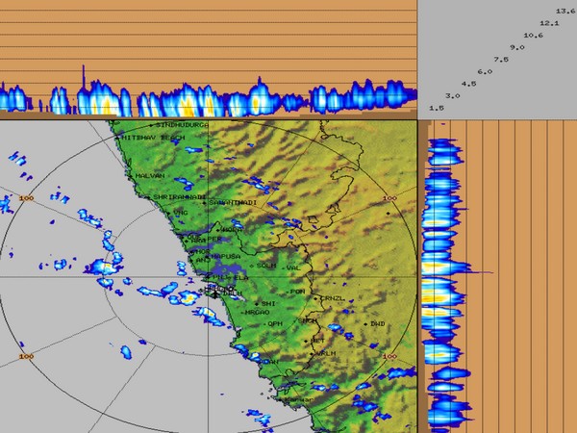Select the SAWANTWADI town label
point(234,202)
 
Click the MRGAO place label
point(258,313)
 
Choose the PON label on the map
point(298,291)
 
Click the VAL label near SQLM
point(294,267)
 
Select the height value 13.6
point(565,11)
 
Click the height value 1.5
point(436,109)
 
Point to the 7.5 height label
point(501,60)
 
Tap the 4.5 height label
point(468,84)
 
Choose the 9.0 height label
point(517,47)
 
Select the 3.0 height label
point(453,96)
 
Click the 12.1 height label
point(550,23)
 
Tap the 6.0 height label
point(485,72)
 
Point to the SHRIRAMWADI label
point(180,196)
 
